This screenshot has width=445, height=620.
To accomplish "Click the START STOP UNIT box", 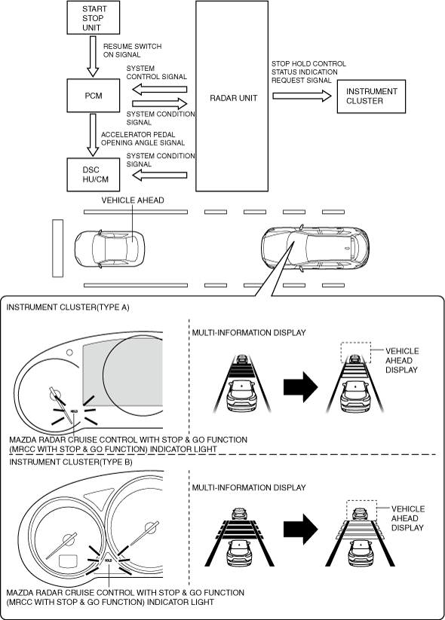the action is [93, 17].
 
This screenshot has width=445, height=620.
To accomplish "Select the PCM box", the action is [93, 95].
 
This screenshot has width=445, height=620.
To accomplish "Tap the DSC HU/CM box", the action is [93, 175].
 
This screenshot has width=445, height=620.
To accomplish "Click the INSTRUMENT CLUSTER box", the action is [371, 96].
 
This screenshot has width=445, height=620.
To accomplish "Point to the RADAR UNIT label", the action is [234, 98].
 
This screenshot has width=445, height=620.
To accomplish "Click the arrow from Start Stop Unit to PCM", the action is [93, 57].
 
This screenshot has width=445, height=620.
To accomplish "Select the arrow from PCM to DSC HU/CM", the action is [93, 136].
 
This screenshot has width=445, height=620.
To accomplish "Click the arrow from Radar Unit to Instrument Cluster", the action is [302, 96].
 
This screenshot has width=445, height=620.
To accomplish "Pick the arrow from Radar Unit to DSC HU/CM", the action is [159, 175].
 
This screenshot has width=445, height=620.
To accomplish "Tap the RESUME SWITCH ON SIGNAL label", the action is [132, 50].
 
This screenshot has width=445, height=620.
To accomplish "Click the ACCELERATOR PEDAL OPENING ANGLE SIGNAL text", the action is [143, 139].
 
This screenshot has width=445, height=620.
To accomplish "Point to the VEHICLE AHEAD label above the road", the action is [133, 200].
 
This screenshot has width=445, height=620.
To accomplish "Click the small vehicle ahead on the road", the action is [109, 249].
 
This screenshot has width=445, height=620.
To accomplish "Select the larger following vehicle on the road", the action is [315, 248].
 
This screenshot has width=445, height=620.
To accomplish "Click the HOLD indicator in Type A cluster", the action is [74, 411].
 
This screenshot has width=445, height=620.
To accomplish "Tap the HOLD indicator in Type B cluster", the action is [108, 560].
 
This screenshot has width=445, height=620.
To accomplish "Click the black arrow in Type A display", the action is [300, 387].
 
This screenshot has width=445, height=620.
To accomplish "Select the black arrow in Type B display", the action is [300, 530].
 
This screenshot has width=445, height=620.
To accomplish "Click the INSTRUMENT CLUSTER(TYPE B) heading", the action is [71, 462].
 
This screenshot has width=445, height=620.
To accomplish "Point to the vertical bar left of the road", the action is [58, 249].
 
